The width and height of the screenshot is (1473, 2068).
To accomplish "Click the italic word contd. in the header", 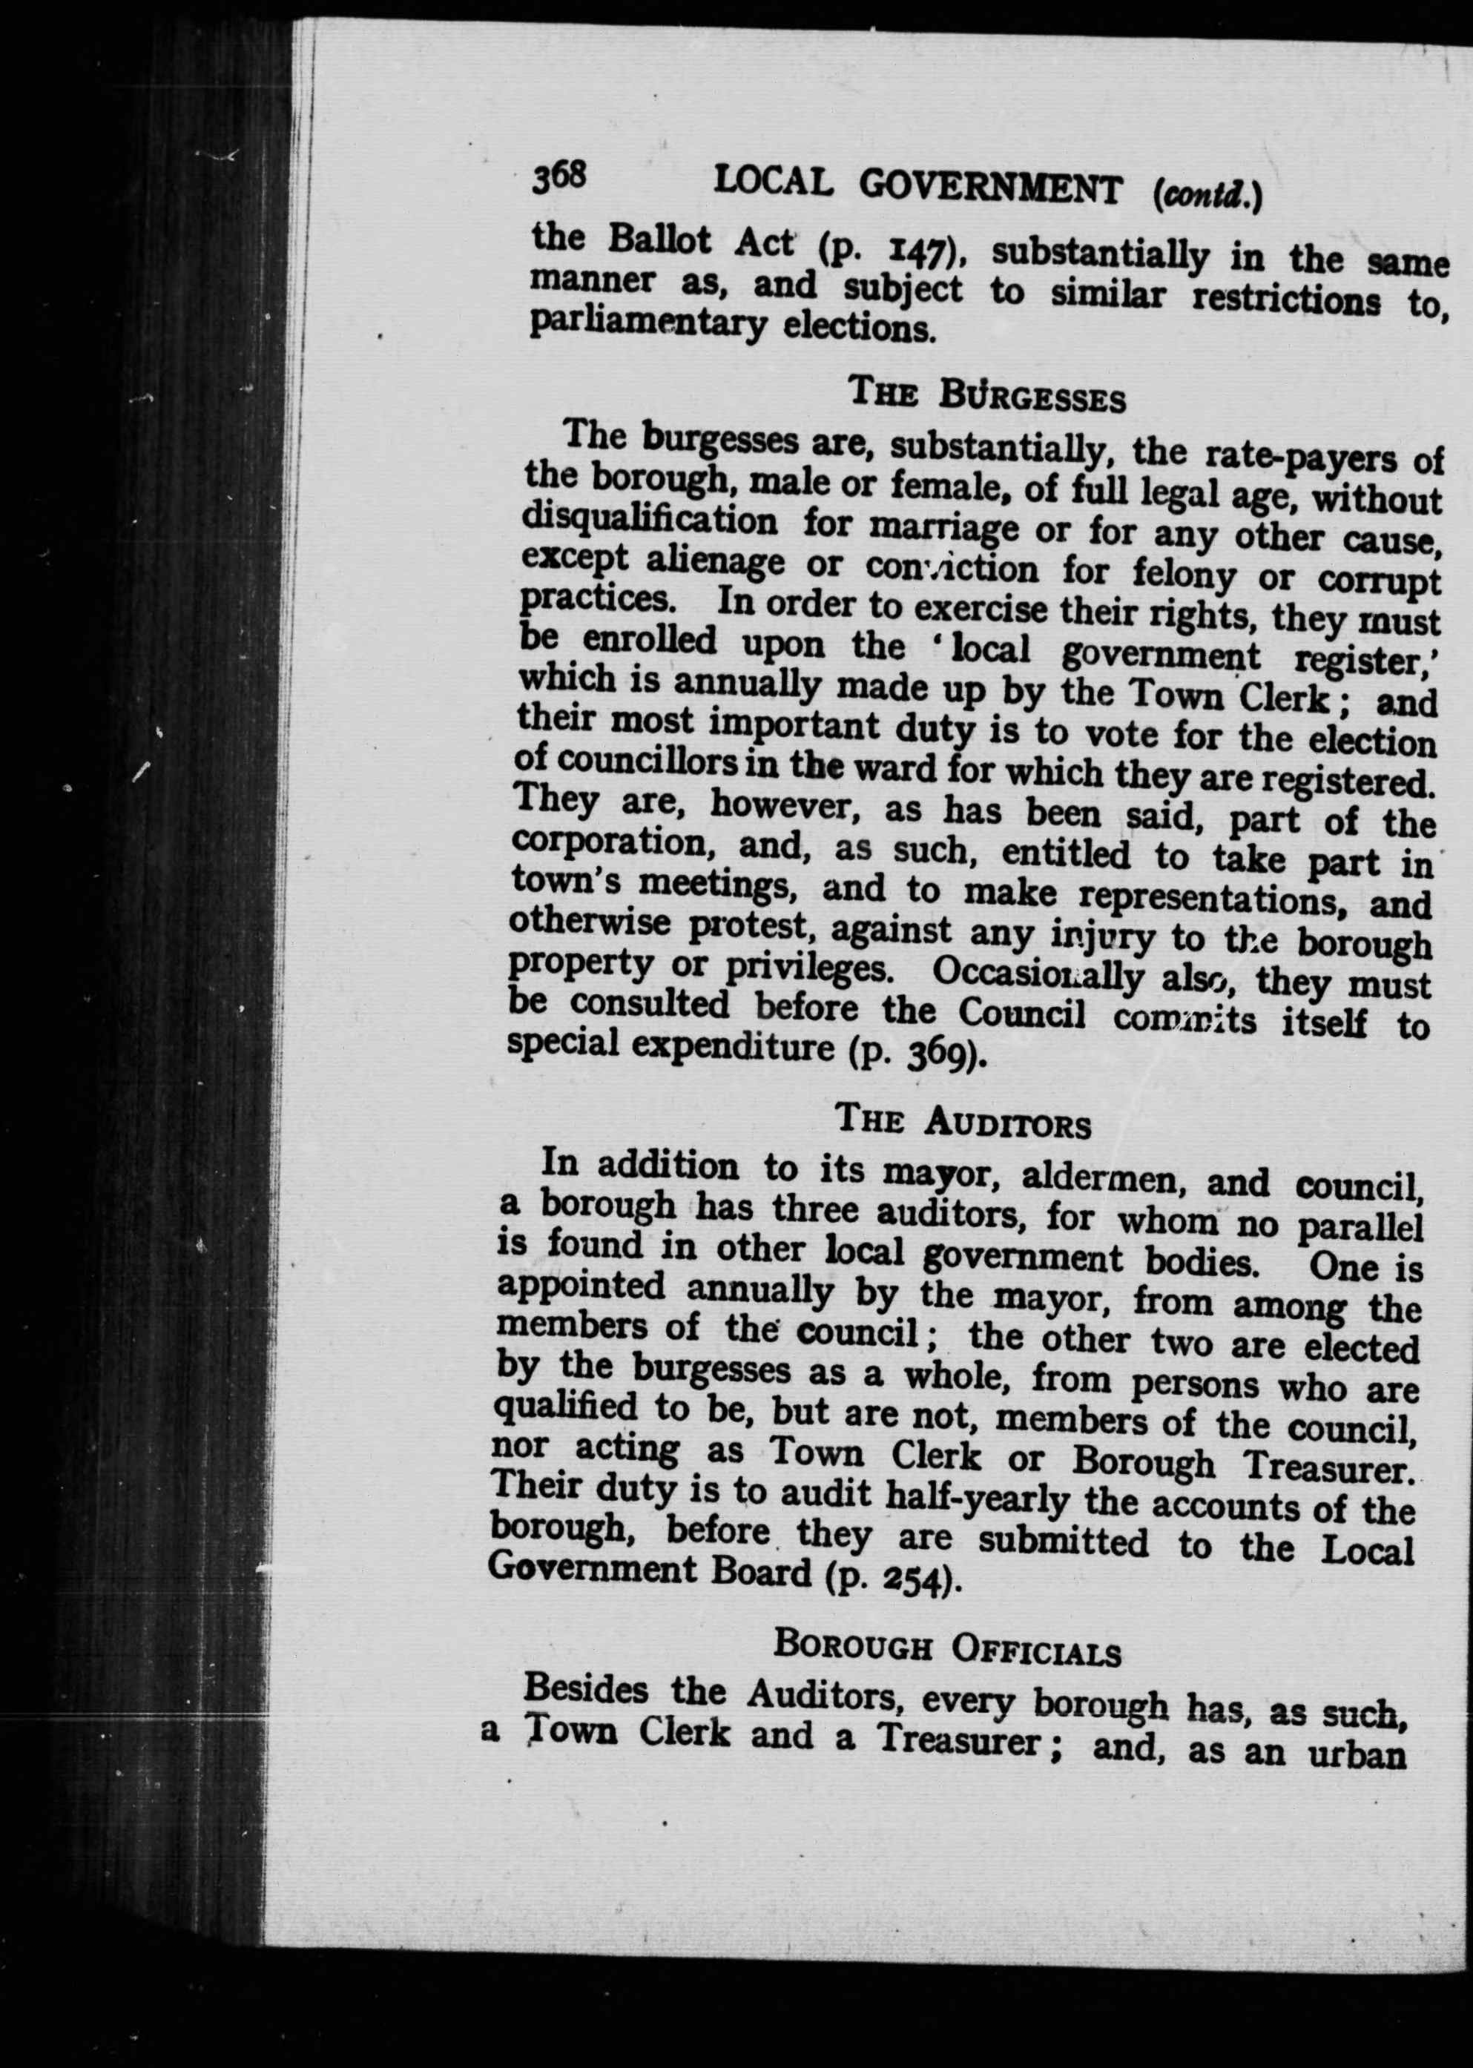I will pos(1206,194).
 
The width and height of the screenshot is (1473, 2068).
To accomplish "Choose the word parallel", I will pos(1360,1225).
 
